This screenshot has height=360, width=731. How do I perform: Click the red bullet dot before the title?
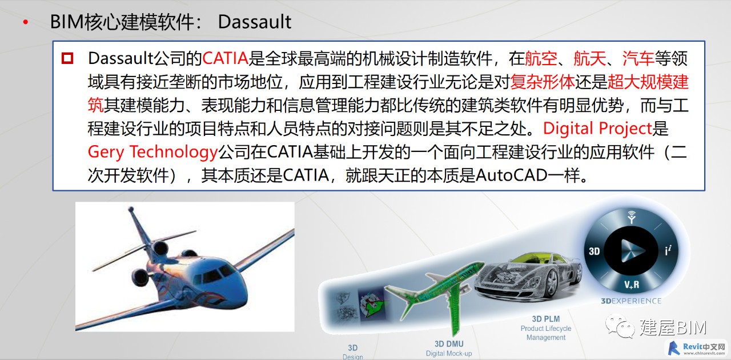26,22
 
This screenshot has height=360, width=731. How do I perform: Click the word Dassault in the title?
255,22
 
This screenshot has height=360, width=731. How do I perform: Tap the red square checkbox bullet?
67,58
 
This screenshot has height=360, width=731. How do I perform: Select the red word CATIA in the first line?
226,58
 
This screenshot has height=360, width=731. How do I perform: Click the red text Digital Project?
597,129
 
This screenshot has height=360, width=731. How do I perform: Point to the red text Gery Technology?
152,152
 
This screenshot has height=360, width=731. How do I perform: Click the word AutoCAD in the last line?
511,175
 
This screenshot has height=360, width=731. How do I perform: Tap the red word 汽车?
638,58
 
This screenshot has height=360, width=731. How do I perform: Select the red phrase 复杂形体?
543,82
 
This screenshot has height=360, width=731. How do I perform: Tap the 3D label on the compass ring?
595,251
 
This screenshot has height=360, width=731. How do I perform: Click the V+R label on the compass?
632,285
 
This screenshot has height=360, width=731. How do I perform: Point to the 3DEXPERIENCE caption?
631,301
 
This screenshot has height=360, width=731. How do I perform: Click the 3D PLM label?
546,319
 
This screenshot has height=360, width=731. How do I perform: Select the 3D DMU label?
449,344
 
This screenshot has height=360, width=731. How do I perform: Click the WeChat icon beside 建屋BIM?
620,326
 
